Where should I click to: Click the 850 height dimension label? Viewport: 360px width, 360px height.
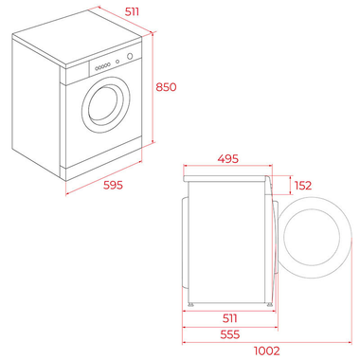coord(165,86)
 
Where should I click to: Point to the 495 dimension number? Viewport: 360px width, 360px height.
coord(226,159)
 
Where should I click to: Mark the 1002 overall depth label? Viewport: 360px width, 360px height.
coord(268,349)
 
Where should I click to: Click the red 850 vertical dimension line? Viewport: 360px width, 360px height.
coord(152,85)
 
